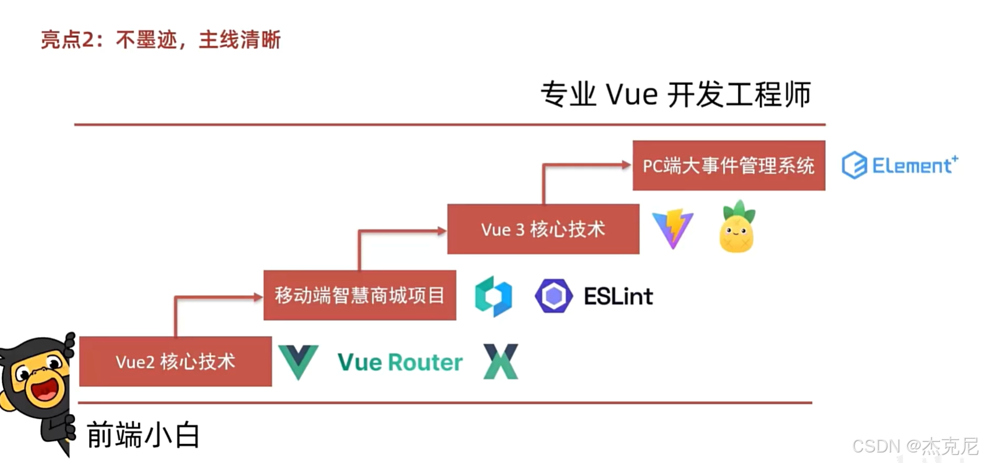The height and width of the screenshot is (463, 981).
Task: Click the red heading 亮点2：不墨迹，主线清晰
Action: click(x=161, y=40)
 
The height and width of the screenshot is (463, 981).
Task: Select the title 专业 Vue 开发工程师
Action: click(x=675, y=95)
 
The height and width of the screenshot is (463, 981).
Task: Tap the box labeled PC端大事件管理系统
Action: click(x=728, y=165)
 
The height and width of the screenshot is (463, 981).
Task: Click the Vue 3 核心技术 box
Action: click(x=543, y=229)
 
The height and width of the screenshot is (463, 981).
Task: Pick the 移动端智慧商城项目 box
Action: click(x=359, y=296)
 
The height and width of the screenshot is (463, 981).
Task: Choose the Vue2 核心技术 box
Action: click(x=175, y=361)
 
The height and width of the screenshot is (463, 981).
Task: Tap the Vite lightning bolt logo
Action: click(x=673, y=229)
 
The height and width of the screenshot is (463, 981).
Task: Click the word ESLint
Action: click(x=618, y=296)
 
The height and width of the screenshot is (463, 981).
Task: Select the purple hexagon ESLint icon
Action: click(x=553, y=296)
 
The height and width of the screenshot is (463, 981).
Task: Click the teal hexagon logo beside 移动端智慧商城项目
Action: click(x=493, y=296)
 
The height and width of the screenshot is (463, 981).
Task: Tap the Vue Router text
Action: click(x=400, y=362)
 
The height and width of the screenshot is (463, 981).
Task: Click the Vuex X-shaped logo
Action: click(x=501, y=362)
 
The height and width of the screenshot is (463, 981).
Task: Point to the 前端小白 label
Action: click(x=143, y=435)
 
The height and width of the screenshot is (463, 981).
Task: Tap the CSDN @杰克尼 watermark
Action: click(x=915, y=446)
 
